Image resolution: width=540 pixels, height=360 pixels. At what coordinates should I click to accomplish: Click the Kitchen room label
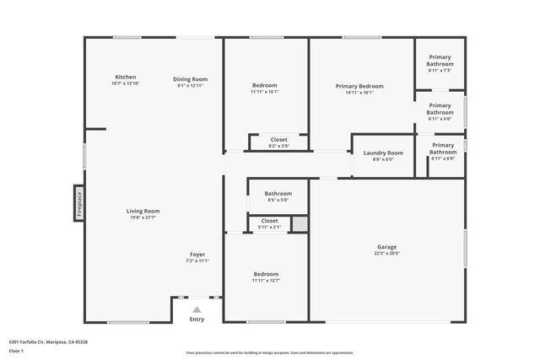tap(125, 78)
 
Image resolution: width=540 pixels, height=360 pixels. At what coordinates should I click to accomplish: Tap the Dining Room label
tap(192, 79)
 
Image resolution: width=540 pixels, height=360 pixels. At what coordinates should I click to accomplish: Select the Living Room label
tap(143, 211)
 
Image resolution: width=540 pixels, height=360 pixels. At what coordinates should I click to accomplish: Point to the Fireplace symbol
tap(79, 203)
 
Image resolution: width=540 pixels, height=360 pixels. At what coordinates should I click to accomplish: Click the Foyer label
tap(197, 255)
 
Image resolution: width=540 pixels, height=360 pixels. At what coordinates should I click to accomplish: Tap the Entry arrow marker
tap(197, 310)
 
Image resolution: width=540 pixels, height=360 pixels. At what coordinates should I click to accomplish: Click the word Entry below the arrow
tap(197, 320)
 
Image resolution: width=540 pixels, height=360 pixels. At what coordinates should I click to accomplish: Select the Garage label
tap(386, 247)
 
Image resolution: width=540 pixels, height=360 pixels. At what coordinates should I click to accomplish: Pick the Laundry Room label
tap(383, 153)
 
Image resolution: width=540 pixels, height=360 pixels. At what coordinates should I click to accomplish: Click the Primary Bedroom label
tap(359, 86)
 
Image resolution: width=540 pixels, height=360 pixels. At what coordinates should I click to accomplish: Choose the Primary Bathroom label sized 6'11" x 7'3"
tap(440, 61)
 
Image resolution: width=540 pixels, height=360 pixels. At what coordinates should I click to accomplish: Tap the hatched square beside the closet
tap(299, 223)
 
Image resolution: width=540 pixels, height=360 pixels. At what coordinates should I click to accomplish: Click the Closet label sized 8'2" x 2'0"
tap(278, 140)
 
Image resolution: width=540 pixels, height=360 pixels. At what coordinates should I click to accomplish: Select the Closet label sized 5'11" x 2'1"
tap(269, 221)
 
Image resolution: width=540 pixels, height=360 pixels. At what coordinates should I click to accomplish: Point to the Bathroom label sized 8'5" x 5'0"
tap(278, 193)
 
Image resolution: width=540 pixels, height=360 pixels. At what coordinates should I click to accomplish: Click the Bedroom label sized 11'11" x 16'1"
tap(265, 85)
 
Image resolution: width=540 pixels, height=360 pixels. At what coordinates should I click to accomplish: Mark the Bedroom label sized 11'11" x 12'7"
tap(266, 274)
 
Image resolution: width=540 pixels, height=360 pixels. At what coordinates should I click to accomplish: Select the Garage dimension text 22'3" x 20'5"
tap(386, 254)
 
